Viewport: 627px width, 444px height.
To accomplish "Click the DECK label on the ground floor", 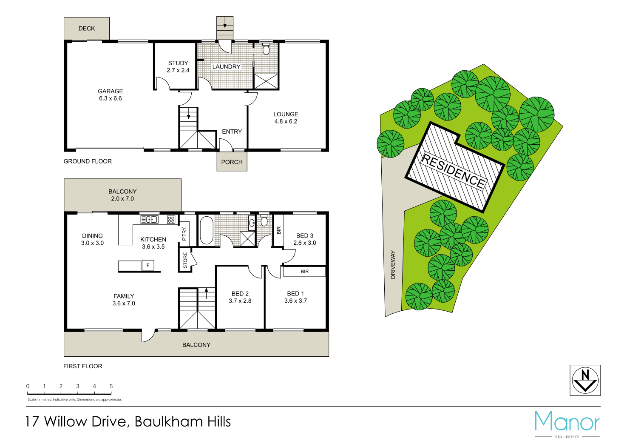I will coord(87,29).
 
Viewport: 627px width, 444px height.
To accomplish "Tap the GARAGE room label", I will coord(111,91).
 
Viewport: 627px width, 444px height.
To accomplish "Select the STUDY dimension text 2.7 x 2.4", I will coord(178,70).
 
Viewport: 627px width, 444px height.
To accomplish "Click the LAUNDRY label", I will coord(226,66).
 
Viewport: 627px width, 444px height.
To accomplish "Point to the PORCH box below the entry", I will coord(232,162).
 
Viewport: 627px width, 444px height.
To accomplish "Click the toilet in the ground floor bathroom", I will coord(266,50).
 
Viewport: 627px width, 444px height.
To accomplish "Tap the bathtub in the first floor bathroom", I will coord(207,231).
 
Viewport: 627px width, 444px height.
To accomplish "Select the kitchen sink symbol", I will coord(150,220).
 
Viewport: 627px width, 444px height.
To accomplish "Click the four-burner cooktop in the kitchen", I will coord(171,220).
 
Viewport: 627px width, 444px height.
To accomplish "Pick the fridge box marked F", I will coord(148,266).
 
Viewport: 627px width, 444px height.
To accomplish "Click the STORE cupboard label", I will coord(185,261).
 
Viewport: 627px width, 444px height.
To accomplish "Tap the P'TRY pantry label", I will coord(184,234).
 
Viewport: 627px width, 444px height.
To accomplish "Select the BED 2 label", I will coord(240,294).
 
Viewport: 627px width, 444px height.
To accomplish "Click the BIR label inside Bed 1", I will coord(305,272).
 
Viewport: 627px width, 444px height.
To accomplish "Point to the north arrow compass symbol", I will coord(585,380).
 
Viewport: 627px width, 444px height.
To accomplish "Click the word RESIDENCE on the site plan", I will coord(453,171).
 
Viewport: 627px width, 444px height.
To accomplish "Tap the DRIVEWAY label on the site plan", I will coord(393,265).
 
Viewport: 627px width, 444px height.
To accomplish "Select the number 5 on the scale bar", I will coord(111,387).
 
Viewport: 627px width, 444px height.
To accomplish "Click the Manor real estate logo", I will coord(567,423).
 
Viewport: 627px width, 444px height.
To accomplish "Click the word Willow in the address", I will coord(66,421).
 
